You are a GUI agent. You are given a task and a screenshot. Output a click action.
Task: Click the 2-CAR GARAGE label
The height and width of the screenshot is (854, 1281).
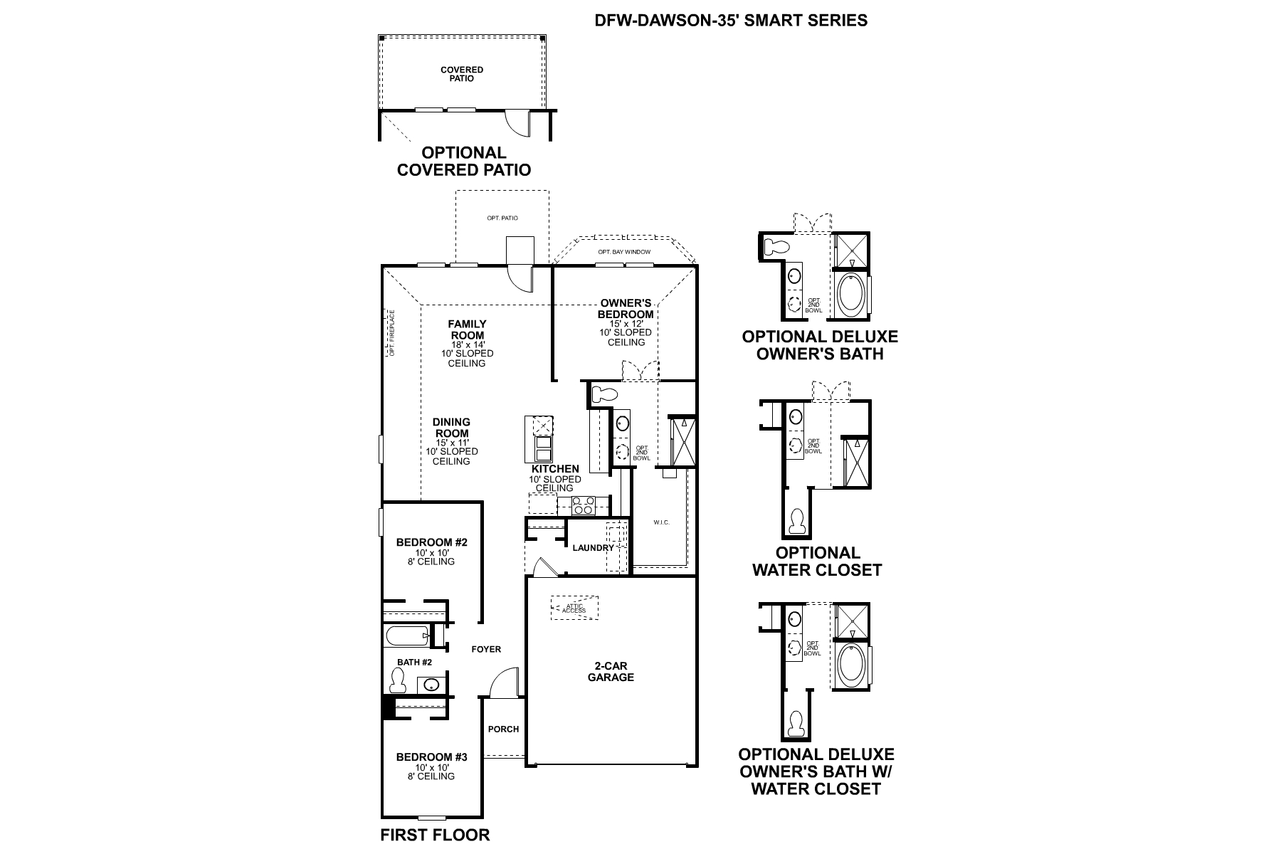point(610,672)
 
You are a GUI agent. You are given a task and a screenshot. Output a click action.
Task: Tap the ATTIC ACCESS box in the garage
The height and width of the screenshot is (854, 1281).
point(574,608)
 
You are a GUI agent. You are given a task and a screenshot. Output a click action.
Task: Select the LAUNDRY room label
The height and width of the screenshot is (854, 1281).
point(592,548)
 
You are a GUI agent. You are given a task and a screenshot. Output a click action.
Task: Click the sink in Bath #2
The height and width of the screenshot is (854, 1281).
point(431,685)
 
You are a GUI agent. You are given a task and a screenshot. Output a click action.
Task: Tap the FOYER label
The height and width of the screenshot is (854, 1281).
point(486,649)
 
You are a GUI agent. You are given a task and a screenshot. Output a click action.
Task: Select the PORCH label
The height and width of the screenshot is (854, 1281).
point(503,729)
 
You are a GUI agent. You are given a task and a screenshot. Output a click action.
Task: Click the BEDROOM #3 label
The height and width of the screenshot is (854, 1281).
point(431,757)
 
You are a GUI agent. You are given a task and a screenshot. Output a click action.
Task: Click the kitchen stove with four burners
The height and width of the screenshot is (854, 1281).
point(584,506)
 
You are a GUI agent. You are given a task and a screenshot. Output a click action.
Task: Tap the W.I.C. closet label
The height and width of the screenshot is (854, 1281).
point(661,522)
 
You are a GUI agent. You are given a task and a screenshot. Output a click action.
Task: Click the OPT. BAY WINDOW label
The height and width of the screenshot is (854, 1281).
point(623,252)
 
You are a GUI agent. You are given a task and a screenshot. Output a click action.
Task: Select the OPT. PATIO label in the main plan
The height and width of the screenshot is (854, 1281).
point(502,218)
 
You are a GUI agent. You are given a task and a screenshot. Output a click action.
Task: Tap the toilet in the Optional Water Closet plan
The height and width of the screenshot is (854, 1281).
point(798,522)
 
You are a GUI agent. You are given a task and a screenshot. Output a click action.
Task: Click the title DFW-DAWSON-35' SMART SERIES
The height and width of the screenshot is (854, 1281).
point(731,20)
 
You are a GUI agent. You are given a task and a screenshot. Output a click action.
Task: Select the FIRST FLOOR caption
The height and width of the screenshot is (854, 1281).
point(435,835)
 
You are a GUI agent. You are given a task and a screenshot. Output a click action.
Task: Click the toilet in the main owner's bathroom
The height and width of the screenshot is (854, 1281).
point(606,392)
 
